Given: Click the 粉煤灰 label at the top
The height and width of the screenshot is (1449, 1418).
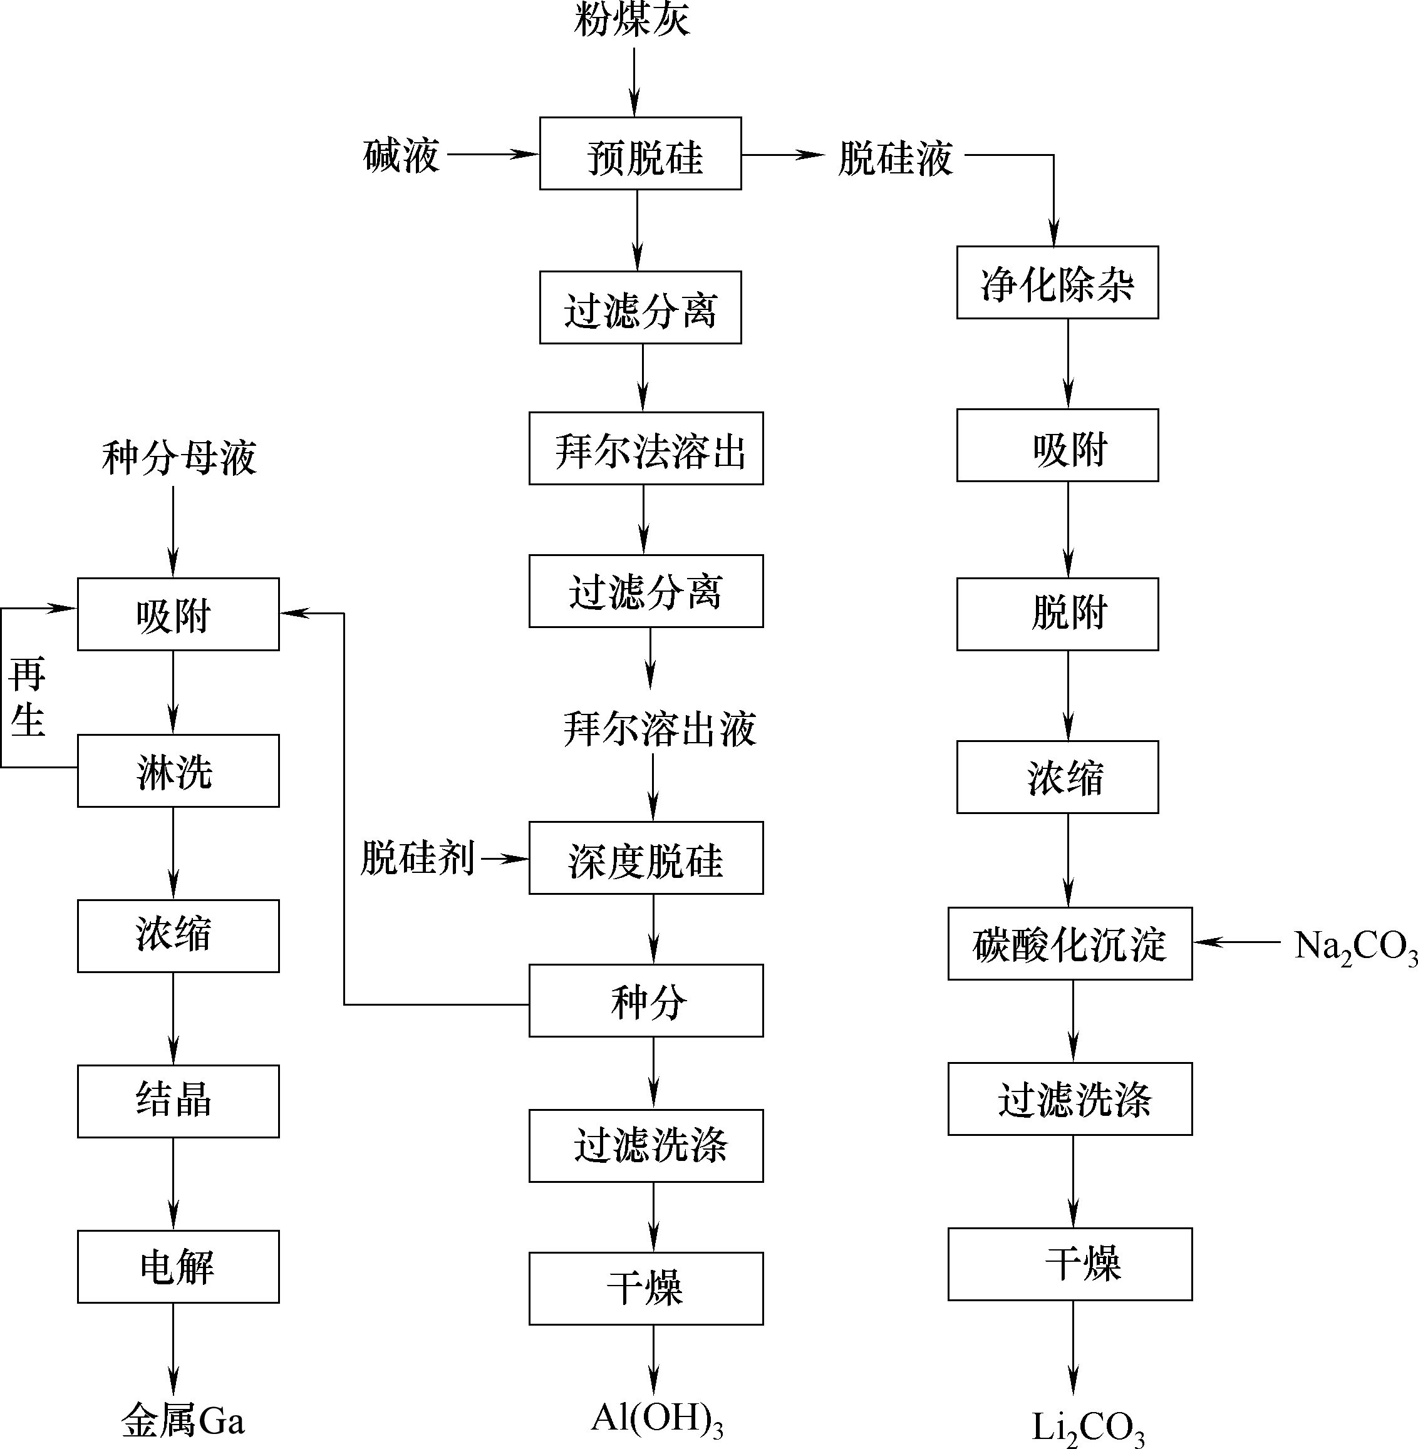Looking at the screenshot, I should pos(633,19).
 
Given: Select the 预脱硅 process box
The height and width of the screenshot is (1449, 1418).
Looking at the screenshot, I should pos(641,154).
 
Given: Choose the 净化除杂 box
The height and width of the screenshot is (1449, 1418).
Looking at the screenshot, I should pos(1057,283).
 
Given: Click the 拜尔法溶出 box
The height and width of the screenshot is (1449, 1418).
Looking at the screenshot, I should pos(646,449).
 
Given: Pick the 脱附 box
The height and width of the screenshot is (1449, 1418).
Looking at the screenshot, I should pos(1057,614).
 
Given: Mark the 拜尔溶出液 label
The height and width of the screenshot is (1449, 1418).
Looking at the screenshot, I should pos(660,728).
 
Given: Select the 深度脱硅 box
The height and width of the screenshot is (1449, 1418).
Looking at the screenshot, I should pos(646,859).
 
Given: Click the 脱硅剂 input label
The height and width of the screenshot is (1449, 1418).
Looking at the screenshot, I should pos(418,858).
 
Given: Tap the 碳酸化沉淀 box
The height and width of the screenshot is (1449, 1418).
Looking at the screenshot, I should pos(1070,944).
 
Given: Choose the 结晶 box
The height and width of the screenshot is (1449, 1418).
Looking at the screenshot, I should pos(179,1101).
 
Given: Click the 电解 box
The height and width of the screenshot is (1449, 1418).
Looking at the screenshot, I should pos(179,1267).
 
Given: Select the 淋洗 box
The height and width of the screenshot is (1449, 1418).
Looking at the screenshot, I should pos(179,771).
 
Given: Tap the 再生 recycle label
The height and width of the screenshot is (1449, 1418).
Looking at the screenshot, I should pos(28,697).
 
